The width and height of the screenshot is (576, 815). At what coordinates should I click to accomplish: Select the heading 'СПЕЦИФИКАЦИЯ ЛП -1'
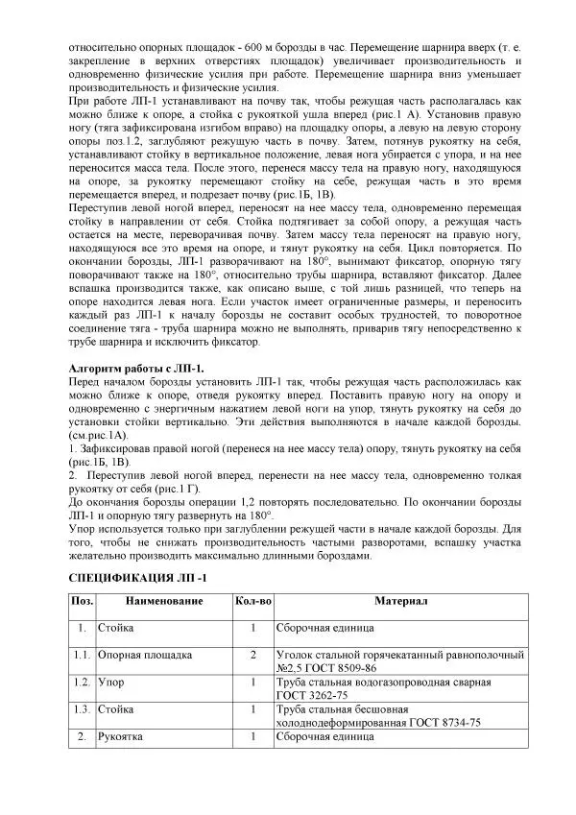[138, 577]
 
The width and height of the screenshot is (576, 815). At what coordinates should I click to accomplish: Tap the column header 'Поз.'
[82, 601]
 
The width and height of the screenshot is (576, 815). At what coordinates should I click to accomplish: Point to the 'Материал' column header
[400, 601]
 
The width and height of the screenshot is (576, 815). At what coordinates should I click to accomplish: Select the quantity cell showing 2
[252, 655]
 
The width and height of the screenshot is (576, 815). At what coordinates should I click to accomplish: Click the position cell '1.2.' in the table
[82, 683]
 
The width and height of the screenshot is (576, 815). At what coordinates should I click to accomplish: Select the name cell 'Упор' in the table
[110, 683]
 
